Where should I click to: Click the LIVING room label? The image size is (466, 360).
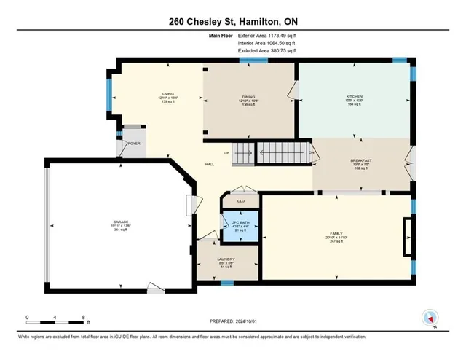coord(168,95)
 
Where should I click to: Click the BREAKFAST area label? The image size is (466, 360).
coord(362,160)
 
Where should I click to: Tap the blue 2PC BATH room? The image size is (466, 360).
coord(236,227)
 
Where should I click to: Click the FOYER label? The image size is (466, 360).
coord(134,144)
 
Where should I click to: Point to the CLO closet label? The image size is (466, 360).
coord(240,200)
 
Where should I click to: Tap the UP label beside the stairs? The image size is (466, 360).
coord(226,154)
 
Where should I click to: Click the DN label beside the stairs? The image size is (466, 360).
coord(310,152)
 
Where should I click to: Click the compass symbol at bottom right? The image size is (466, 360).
coord(429,318)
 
